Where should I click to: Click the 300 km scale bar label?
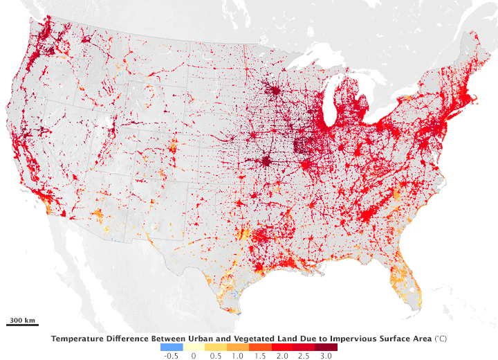(22, 320)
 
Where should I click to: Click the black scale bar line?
(22, 325)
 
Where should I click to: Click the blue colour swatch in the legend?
(172, 346)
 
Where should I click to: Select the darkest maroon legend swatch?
(326, 346)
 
